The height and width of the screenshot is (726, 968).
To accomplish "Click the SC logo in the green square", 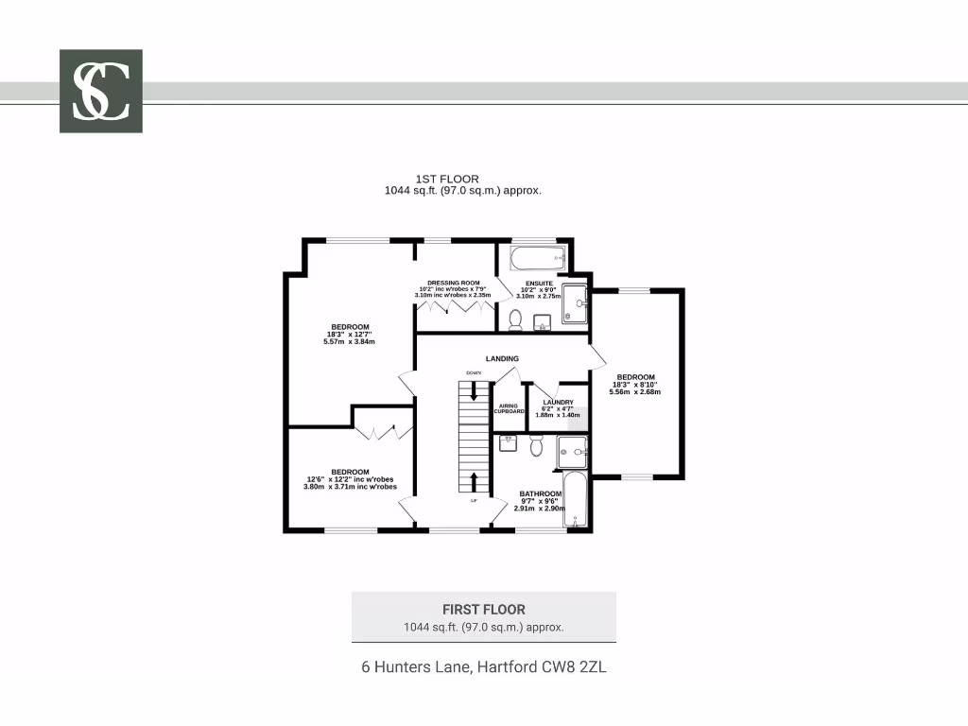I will click(x=101, y=91).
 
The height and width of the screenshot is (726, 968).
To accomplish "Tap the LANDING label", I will click(x=502, y=359).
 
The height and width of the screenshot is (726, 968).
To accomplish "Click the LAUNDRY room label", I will click(x=558, y=402).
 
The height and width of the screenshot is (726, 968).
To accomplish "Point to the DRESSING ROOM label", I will click(x=454, y=283).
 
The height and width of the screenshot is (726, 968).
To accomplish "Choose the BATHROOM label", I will click(x=541, y=493).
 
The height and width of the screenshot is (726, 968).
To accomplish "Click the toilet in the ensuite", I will click(x=515, y=320).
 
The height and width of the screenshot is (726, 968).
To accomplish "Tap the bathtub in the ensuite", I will click(x=536, y=257).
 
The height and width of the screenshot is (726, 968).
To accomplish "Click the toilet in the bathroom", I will click(x=536, y=445).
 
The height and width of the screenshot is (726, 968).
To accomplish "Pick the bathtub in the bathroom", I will click(x=576, y=501).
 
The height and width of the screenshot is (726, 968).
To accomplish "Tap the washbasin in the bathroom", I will click(x=509, y=442).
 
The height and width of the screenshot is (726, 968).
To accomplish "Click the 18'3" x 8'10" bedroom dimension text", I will click(x=635, y=385).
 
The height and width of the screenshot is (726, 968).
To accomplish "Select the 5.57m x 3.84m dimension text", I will click(x=349, y=341).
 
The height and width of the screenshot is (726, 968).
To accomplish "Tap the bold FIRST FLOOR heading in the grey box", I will click(x=483, y=610).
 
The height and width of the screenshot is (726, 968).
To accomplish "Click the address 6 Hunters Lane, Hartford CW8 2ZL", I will click(x=483, y=666).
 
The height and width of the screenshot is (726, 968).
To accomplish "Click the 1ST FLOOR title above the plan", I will click(x=447, y=179).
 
